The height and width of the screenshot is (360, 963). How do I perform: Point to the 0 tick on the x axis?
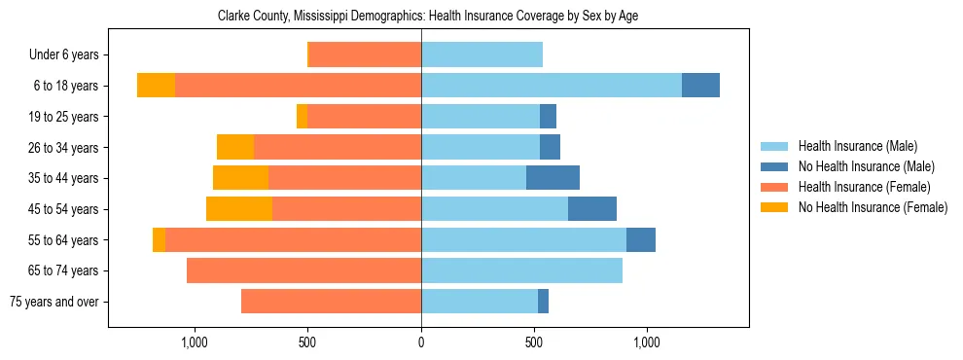click(x=421, y=342)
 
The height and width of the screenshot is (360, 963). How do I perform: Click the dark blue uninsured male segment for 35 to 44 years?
click(x=553, y=178)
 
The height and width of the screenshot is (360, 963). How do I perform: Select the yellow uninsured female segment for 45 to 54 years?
click(x=239, y=209)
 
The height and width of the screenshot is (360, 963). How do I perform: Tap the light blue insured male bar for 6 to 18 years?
click(x=552, y=86)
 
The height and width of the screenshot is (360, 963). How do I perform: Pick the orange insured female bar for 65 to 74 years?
click(x=303, y=270)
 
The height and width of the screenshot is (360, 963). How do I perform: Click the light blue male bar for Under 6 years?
click(x=481, y=54)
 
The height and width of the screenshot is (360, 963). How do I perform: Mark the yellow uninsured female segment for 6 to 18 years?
click(x=156, y=86)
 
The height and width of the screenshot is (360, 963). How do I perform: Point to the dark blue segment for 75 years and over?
click(x=543, y=302)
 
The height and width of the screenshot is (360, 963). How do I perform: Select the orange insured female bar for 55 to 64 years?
click(x=293, y=239)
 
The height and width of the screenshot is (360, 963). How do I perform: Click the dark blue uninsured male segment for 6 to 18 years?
click(x=700, y=86)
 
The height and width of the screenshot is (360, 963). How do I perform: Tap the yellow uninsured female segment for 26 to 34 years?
click(x=235, y=147)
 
